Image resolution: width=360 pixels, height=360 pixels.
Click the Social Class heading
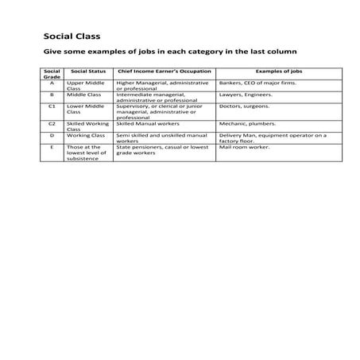click(72, 37)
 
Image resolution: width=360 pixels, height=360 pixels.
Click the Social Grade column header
click(51, 73)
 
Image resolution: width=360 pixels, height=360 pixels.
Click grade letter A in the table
click(51, 82)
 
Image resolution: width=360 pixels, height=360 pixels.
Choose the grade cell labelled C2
click(51, 124)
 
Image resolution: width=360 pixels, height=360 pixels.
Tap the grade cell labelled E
click(51, 147)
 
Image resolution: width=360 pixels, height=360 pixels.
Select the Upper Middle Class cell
click(86, 85)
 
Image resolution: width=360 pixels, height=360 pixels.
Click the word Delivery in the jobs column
click(230, 135)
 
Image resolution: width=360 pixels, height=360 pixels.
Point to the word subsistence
click(83, 159)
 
